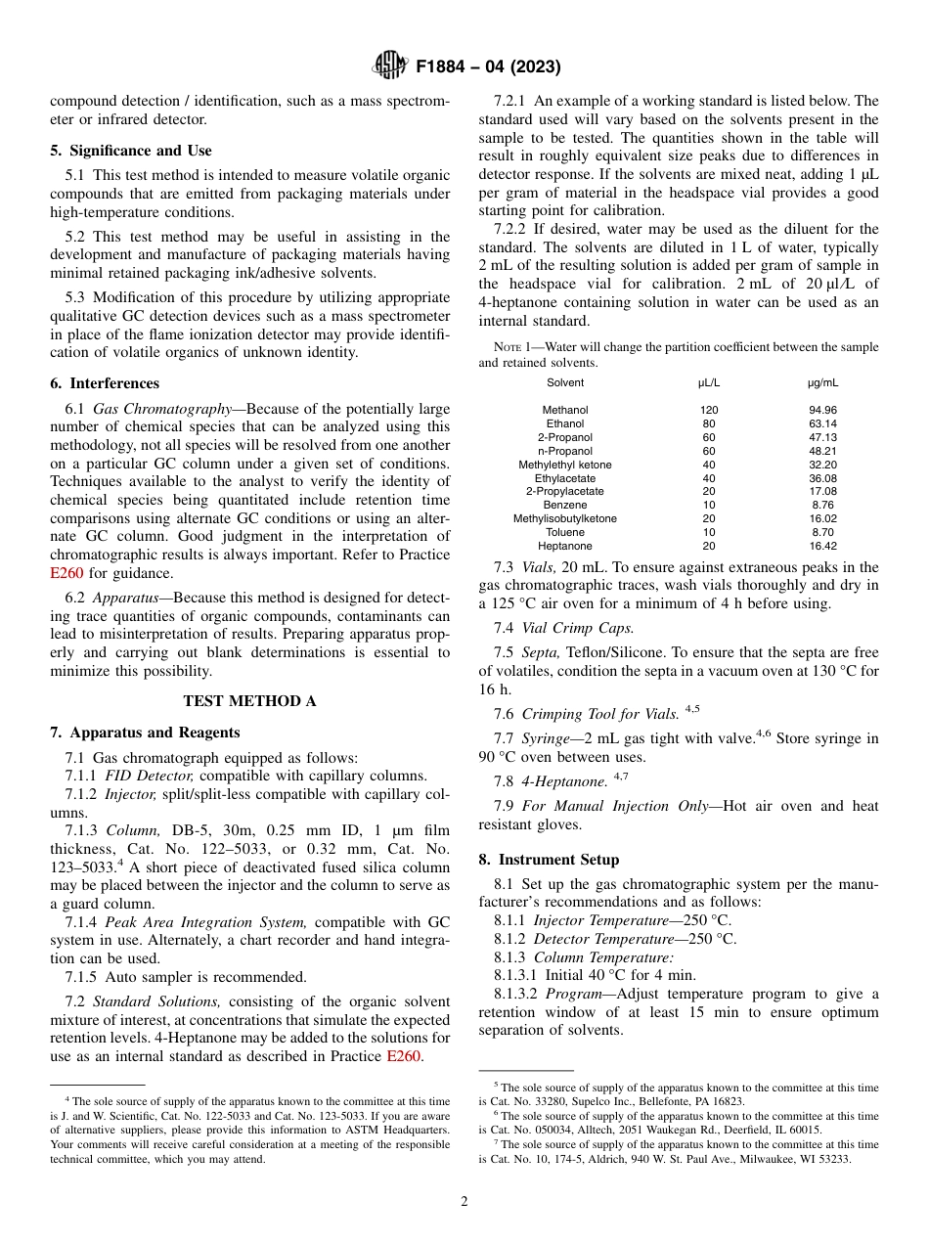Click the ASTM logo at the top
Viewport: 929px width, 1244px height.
[x=391, y=67]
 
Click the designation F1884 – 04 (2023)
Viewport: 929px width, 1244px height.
[x=488, y=67]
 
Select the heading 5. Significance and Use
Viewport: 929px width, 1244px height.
[x=130, y=151]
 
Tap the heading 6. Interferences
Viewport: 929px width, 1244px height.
[x=104, y=383]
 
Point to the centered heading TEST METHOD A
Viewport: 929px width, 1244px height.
[x=249, y=700]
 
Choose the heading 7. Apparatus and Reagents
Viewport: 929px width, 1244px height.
[x=145, y=733]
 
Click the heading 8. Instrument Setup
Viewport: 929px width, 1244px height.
[x=549, y=860]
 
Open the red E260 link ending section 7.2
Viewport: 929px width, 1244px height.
[x=405, y=1056]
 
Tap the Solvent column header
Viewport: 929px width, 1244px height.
[x=565, y=382]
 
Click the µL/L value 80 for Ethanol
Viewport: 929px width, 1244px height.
[x=708, y=423]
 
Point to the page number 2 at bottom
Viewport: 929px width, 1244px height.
[x=464, y=1202]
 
